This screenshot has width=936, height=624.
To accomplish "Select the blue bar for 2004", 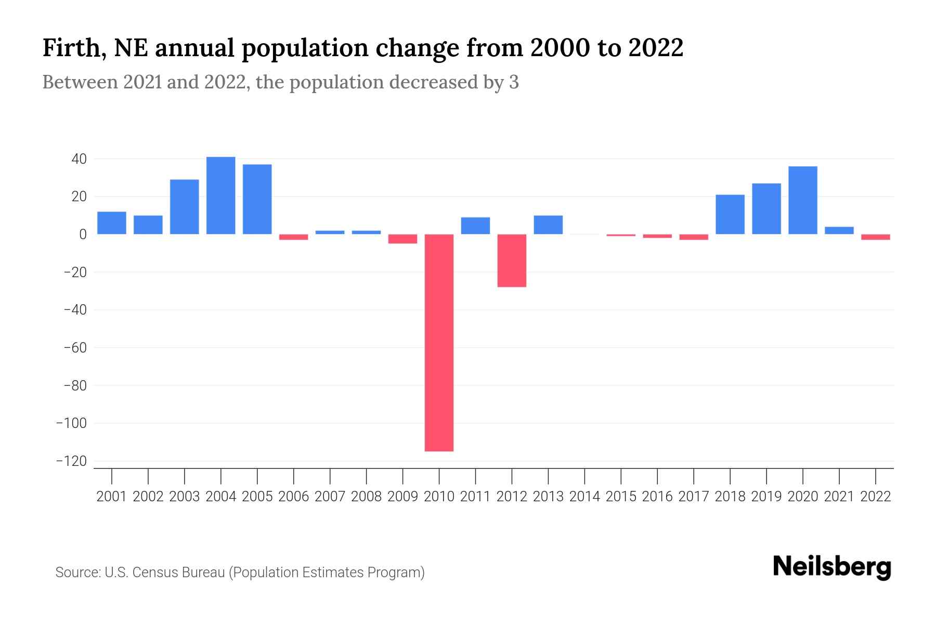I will point(220,196).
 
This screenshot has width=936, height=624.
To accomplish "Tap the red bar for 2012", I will point(512,261).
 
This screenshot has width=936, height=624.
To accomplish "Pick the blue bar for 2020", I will point(802,200).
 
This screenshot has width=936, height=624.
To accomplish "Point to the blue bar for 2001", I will point(112,223).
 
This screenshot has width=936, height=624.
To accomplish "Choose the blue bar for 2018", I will point(730,214).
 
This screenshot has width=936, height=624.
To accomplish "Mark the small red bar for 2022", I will point(875,237).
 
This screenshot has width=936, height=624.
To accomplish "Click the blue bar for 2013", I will point(548,225).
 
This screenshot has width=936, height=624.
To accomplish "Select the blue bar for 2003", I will point(185,207).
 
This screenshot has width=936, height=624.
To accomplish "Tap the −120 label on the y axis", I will point(71,461).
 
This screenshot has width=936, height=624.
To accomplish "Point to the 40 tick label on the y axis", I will point(79,159).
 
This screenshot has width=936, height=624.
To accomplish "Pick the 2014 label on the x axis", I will point(584,497).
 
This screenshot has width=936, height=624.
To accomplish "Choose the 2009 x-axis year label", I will point(402,497).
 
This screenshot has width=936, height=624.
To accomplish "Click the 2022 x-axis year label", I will point(876,497).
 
